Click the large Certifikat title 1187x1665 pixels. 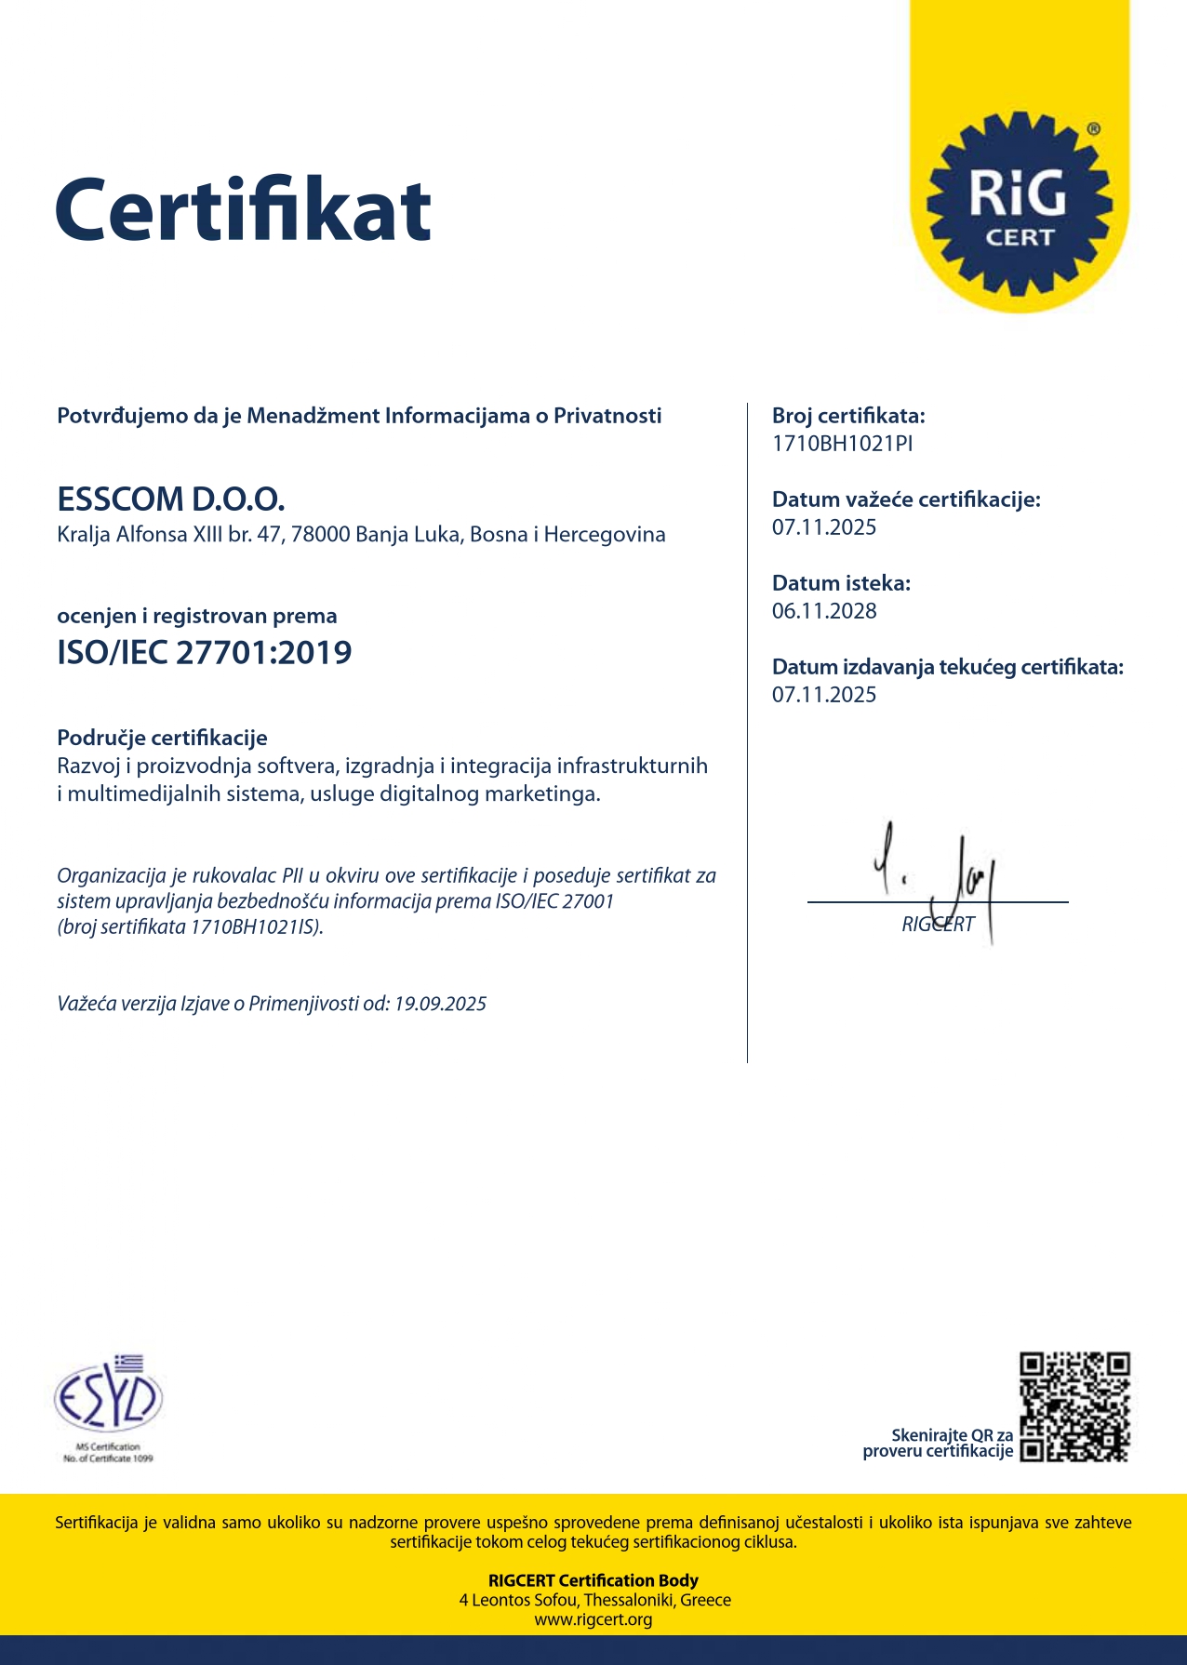[x=244, y=210]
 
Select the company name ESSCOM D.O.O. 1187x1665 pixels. [x=171, y=499]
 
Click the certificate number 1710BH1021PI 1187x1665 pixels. [x=842, y=444]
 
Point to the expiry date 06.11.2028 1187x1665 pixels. [x=824, y=611]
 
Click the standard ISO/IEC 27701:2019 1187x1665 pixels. [x=205, y=653]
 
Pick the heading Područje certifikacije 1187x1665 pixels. [x=162, y=738]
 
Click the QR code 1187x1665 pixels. [x=1074, y=1406]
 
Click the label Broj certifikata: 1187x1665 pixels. [x=848, y=416]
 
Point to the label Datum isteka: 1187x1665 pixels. [x=841, y=583]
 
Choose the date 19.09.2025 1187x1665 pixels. [x=440, y=1004]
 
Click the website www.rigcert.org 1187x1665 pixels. [x=593, y=1619]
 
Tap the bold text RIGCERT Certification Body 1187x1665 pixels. [x=593, y=1580]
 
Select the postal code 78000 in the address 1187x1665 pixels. [x=320, y=535]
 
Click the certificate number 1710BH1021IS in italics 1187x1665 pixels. [x=253, y=927]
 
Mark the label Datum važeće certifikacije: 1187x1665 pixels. [x=906, y=499]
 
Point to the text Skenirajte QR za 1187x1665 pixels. [x=952, y=1435]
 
